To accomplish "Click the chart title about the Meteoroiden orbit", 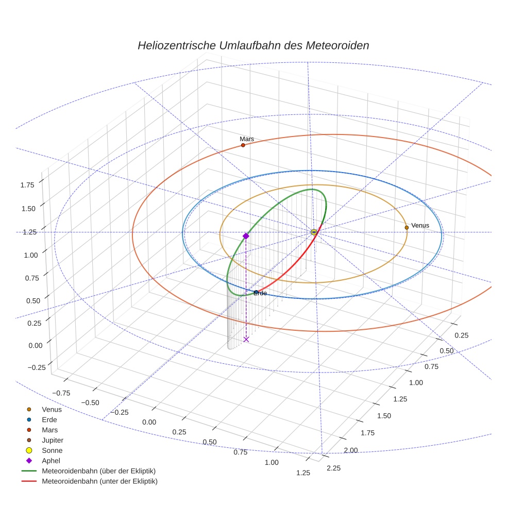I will pyautogui.click(x=253, y=45).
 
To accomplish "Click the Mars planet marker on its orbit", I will pyautogui.click(x=243, y=145).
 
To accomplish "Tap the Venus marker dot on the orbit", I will pyautogui.click(x=407, y=227).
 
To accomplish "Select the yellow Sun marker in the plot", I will pyautogui.click(x=314, y=232).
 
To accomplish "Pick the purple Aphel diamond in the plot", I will pyautogui.click(x=246, y=236).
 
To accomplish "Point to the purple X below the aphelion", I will pyautogui.click(x=246, y=339).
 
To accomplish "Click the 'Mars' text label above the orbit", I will pyautogui.click(x=247, y=139).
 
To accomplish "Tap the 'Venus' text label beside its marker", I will pyautogui.click(x=420, y=225).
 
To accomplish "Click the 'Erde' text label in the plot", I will pyautogui.click(x=260, y=293).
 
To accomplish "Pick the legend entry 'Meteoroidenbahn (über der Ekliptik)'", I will pyautogui.click(x=98, y=471).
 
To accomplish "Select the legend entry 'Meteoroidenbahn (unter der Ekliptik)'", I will pyautogui.click(x=99, y=481).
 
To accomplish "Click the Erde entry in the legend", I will pyautogui.click(x=49, y=419).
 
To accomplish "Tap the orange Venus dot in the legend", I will pyautogui.click(x=29, y=409).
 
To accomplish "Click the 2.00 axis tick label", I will pyautogui.click(x=350, y=450).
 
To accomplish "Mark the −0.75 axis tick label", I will pyautogui.click(x=61, y=393).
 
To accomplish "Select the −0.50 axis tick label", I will pyautogui.click(x=91, y=402).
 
